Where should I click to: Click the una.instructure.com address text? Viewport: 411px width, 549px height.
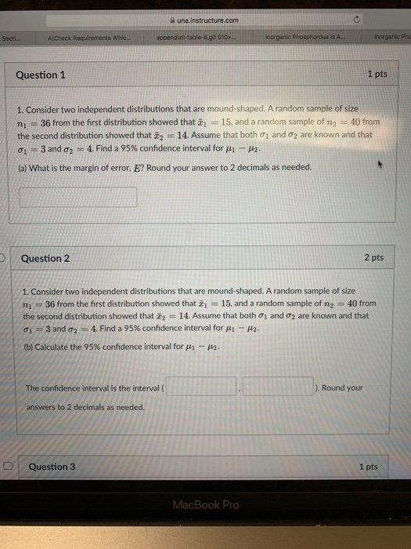pos(207,21)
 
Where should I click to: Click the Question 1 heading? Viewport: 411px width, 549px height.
pos(41,75)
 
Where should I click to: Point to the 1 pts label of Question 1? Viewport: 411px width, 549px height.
pos(377,75)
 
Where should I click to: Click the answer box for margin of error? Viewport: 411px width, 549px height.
pos(78,197)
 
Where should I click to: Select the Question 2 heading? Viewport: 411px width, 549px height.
pos(45,258)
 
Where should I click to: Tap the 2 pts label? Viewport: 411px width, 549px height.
pos(373,258)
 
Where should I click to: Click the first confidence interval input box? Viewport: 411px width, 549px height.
pos(200,387)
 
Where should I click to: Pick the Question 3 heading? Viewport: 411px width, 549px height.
pos(52,467)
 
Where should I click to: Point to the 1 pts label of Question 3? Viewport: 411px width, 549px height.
pos(367,467)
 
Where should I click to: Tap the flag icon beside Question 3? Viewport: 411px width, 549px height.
pos(9,466)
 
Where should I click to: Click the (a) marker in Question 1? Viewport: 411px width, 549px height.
pos(23,167)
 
